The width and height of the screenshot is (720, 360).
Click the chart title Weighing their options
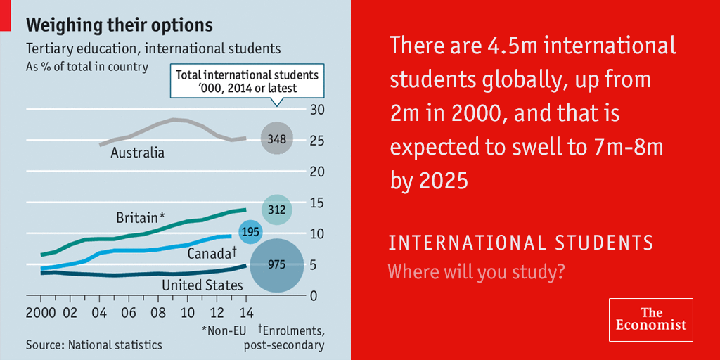(119, 26)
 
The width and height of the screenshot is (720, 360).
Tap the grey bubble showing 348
(276, 139)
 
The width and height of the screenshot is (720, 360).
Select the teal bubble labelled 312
(277, 209)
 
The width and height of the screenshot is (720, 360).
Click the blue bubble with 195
(250, 232)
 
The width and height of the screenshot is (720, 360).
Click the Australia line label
(137, 153)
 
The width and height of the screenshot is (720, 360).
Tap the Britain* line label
(141, 219)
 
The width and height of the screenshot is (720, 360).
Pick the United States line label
(202, 285)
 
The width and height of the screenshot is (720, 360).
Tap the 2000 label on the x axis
(41, 311)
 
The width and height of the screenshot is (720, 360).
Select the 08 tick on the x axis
(157, 311)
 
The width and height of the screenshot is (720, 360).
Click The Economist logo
(650, 319)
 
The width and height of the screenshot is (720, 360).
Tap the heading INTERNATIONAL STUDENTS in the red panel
(521, 243)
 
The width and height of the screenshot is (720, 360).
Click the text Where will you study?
(477, 271)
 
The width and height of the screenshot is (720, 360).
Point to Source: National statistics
(94, 345)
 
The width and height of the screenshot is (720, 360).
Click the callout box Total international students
(246, 82)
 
